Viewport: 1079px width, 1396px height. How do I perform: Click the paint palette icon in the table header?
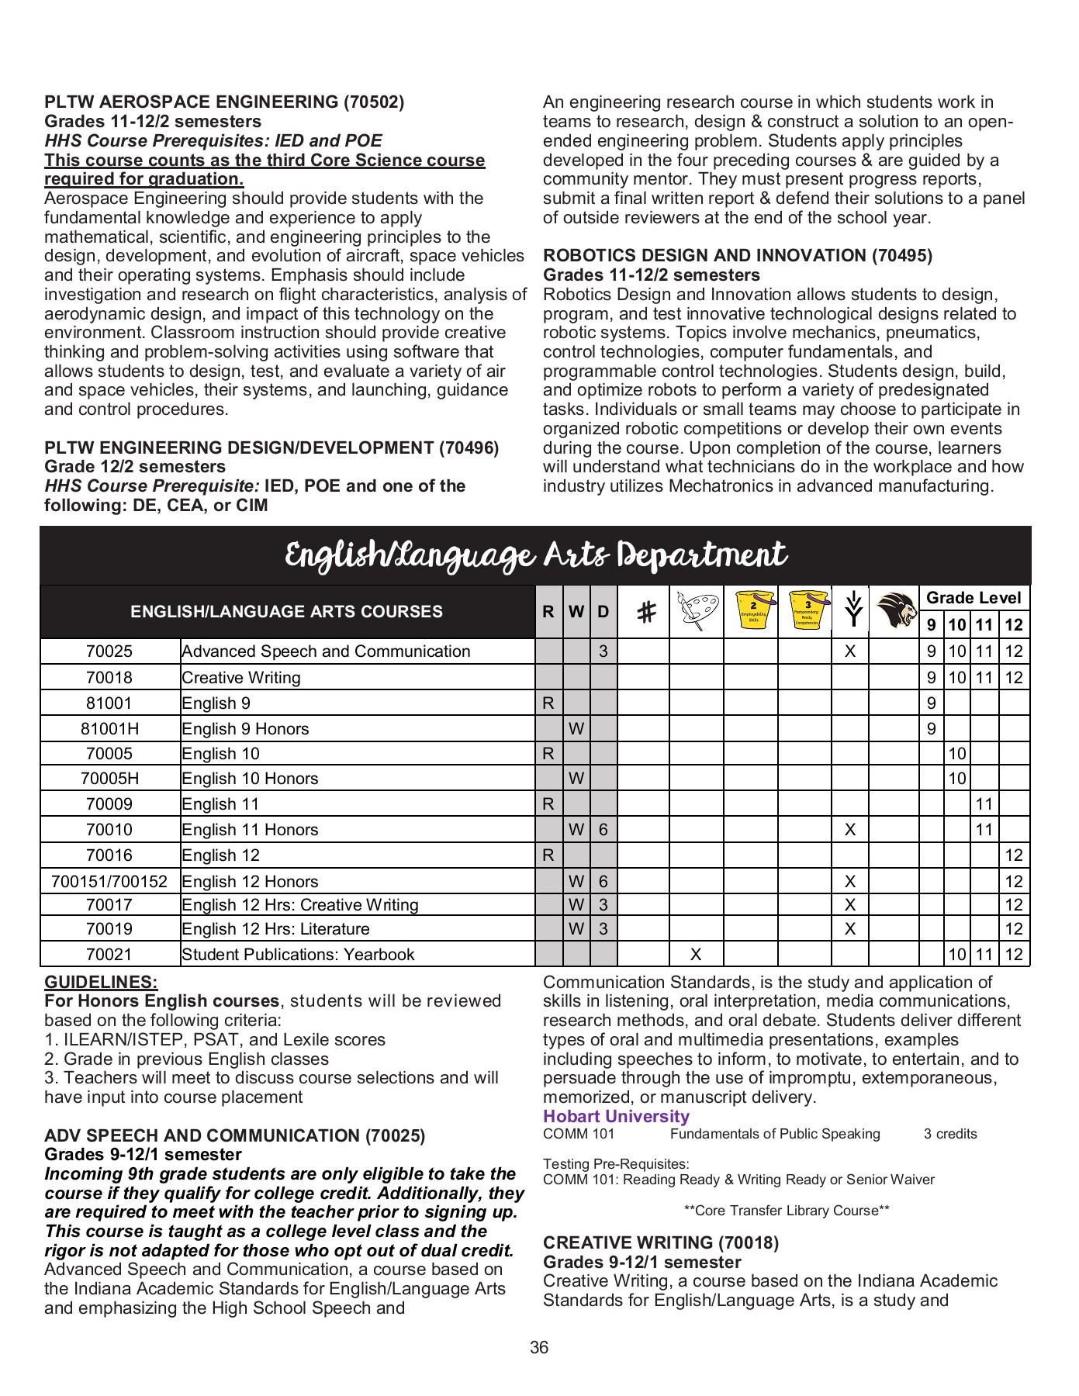coord(696,611)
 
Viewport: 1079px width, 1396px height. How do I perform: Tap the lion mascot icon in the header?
coord(894,611)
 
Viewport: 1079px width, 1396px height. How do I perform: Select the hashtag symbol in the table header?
coord(645,613)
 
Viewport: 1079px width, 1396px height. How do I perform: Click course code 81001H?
coord(109,729)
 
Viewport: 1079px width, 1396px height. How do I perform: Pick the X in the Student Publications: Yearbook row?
coord(696,954)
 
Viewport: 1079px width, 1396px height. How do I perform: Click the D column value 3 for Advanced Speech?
coord(603,651)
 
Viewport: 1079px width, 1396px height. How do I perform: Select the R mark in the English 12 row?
coord(548,855)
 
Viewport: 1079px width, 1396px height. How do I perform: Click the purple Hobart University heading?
coord(616,1117)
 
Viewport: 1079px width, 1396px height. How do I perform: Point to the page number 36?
coord(539,1348)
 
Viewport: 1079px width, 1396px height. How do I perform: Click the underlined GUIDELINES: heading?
coord(101,982)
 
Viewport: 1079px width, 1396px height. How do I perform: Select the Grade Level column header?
coord(974,598)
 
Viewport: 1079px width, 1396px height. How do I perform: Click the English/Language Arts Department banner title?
coord(535,556)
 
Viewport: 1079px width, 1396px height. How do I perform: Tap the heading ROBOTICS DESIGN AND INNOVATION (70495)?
coord(738,256)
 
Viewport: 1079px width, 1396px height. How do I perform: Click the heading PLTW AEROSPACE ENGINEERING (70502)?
coord(224,102)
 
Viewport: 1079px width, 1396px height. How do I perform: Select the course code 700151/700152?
coord(109,882)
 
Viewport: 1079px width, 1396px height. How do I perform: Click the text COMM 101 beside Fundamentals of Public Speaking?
coord(579,1135)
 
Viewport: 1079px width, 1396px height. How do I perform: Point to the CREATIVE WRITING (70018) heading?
coord(661,1243)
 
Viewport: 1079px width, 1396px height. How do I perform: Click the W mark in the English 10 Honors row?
coord(576,779)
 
